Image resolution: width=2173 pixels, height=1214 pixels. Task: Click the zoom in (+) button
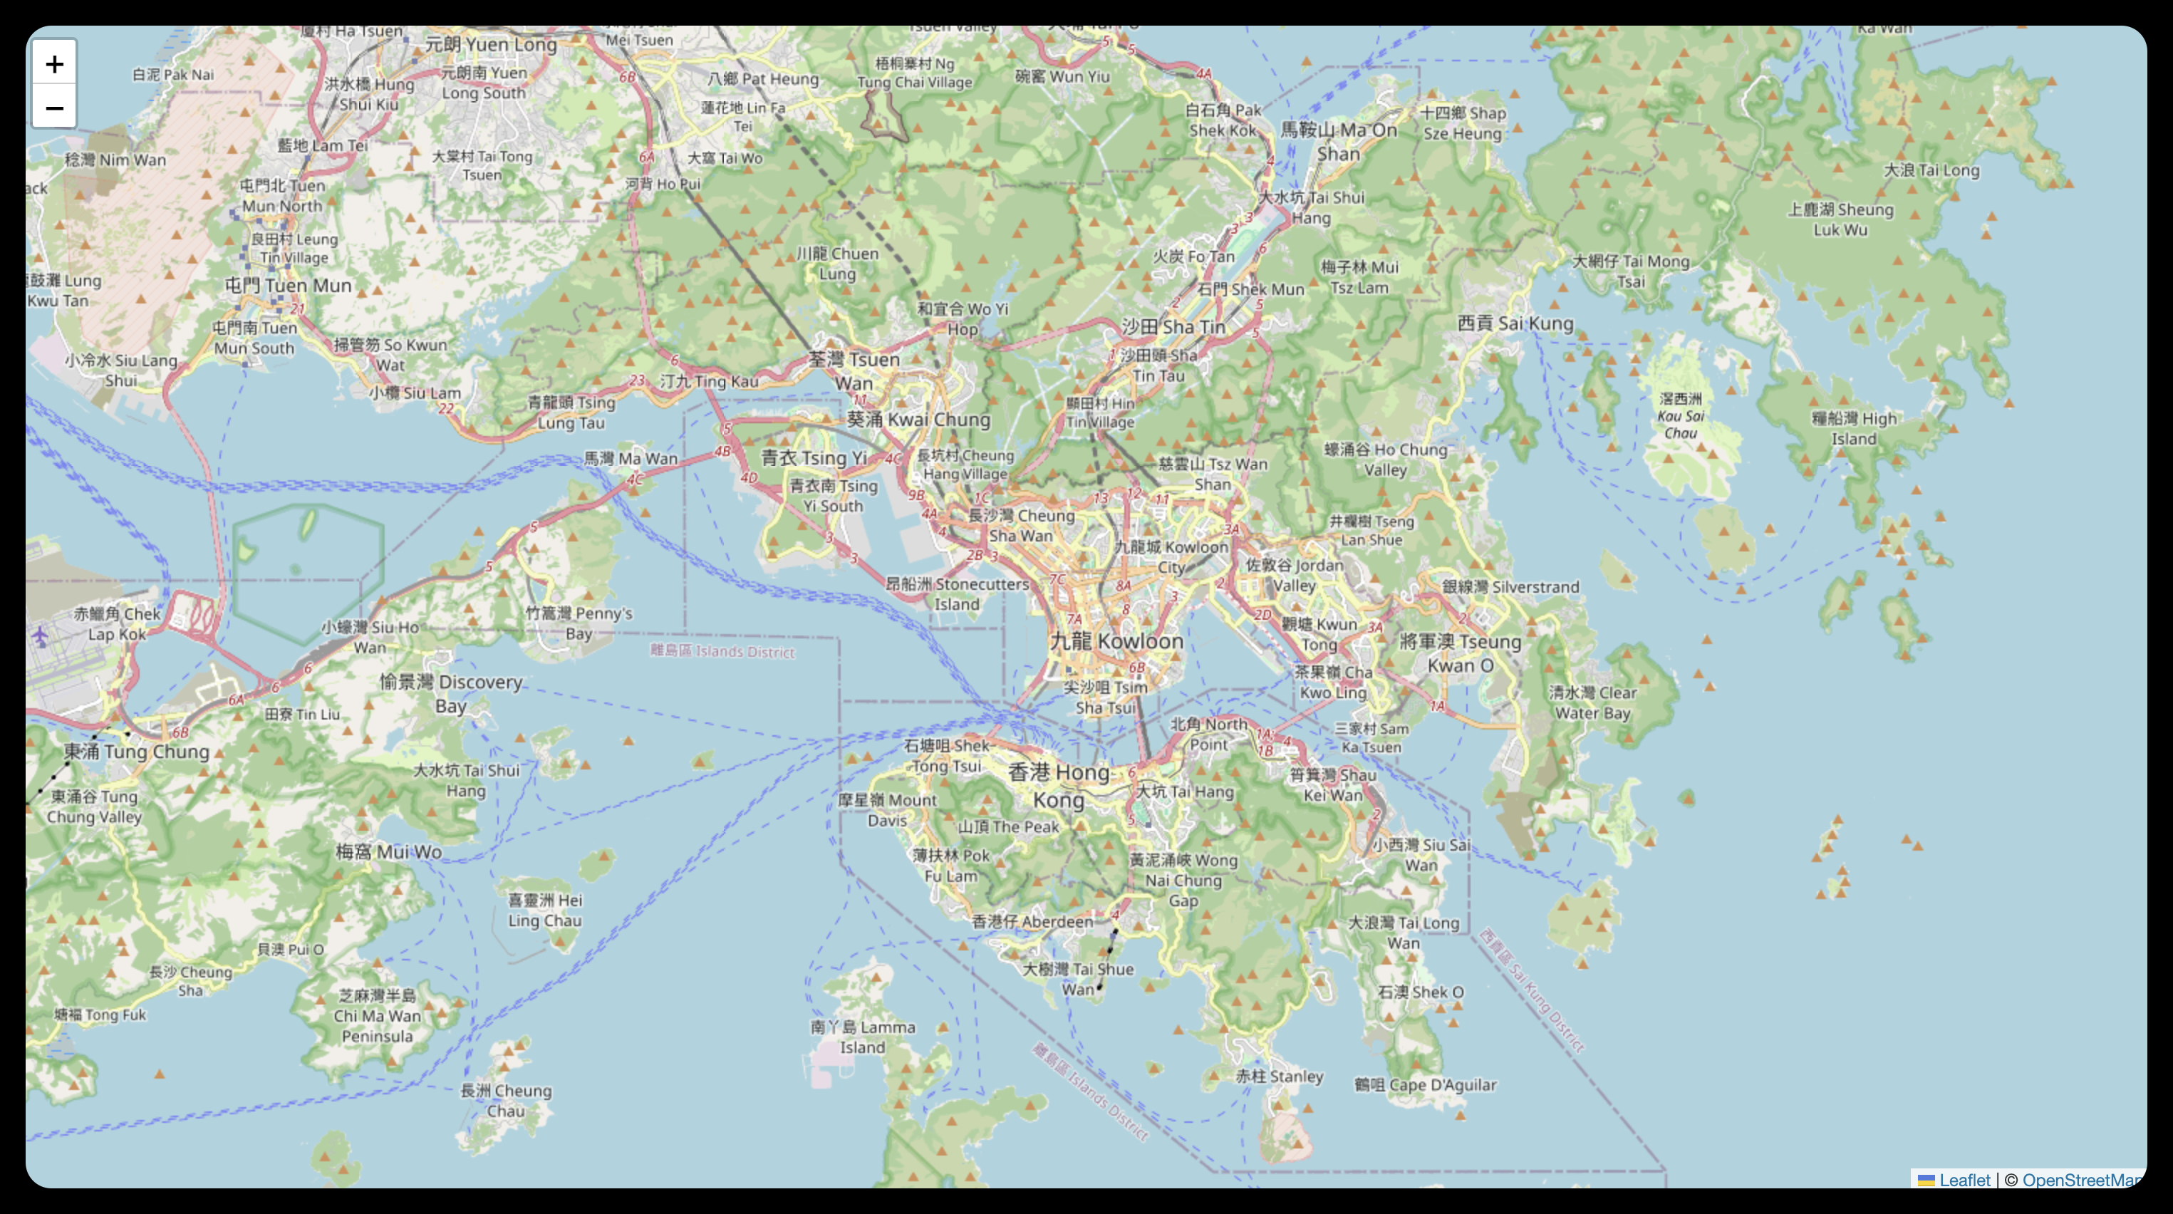54,63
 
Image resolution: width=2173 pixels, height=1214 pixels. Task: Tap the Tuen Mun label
288,285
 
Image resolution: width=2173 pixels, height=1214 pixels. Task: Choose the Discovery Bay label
451,692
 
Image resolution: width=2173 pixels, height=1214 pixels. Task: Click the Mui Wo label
389,851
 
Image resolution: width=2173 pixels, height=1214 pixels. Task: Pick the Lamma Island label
862,1037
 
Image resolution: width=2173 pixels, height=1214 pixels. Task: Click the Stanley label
1279,1076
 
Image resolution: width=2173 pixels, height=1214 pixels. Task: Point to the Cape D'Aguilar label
1425,1084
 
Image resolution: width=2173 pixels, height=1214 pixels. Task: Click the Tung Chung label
137,751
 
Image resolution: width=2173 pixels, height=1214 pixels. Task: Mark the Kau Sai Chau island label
1681,416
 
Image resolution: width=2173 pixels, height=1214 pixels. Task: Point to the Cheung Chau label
506,1100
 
